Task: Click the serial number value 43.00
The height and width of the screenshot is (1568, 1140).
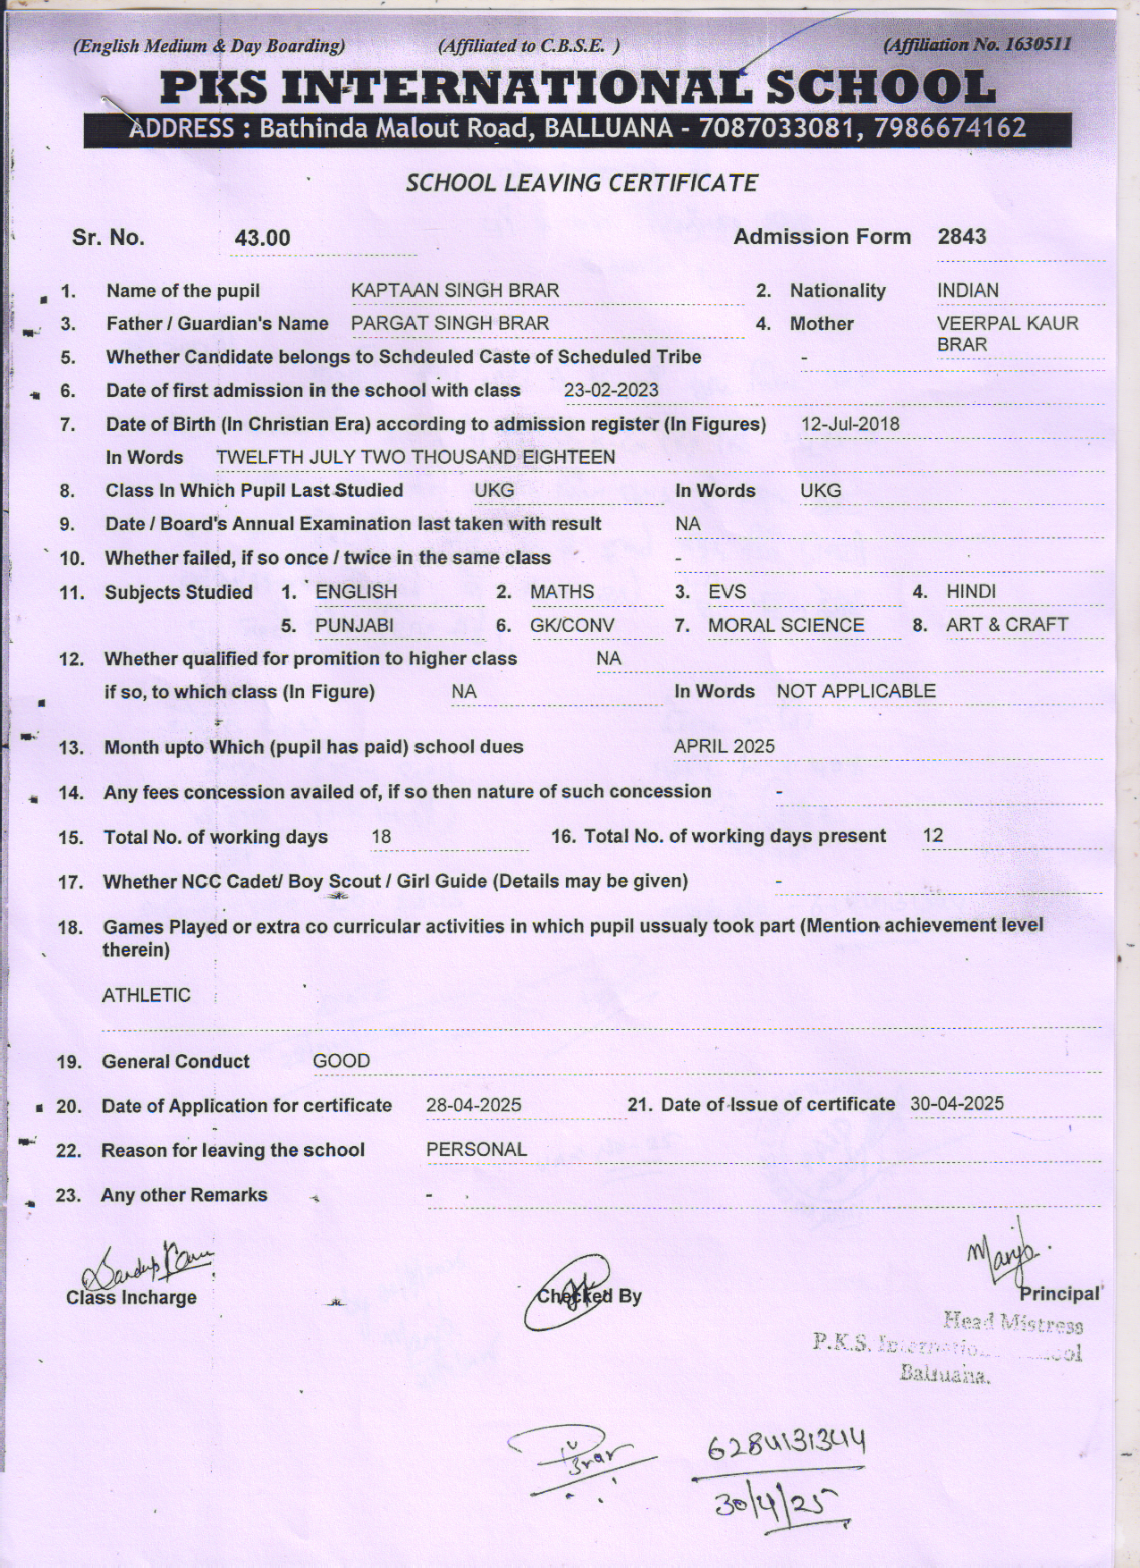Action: [262, 238]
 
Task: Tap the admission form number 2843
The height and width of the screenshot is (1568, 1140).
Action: [961, 237]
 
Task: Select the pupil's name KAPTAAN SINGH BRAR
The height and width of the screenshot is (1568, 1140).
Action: [454, 291]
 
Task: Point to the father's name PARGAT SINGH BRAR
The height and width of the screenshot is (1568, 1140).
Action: [450, 324]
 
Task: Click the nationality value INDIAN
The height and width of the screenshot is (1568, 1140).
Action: [967, 291]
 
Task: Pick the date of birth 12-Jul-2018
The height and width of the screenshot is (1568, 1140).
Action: [849, 425]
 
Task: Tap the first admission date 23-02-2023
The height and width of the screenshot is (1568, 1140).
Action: [611, 391]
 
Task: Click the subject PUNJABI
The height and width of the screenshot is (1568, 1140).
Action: [354, 626]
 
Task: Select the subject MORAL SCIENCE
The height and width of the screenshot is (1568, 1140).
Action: [786, 626]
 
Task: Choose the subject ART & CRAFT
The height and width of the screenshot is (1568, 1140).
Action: [1007, 625]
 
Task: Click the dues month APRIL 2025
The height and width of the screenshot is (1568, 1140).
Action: [724, 746]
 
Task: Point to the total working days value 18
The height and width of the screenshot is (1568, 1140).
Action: [381, 838]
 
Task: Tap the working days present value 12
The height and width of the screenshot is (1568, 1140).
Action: [933, 836]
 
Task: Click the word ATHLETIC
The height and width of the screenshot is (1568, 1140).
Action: [146, 996]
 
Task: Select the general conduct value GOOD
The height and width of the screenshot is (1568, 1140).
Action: [341, 1061]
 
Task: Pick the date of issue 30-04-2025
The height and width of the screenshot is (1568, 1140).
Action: [957, 1104]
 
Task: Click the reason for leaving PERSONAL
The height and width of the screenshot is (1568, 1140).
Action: [477, 1150]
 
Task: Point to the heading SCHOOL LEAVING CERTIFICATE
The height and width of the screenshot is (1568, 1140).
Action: [581, 183]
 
